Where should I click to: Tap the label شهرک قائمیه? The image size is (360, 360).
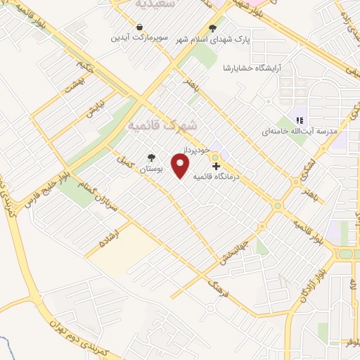(x=162, y=124)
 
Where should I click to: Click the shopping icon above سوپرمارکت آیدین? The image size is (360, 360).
(x=139, y=26)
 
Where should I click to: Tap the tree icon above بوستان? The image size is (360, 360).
(x=150, y=159)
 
